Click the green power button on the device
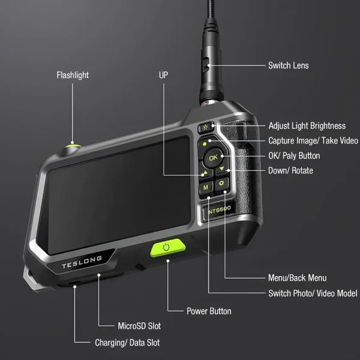167,247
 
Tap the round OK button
213,157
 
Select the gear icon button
221,184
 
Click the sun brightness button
205,127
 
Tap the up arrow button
206,173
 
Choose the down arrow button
222,169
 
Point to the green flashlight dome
73,146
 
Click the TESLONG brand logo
82,262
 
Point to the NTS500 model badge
219,210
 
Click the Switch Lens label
289,65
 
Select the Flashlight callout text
73,75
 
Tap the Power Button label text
209,311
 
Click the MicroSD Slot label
139,326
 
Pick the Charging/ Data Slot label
127,343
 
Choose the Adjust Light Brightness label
307,126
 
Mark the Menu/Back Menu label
298,278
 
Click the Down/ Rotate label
290,170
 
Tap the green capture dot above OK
205,144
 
